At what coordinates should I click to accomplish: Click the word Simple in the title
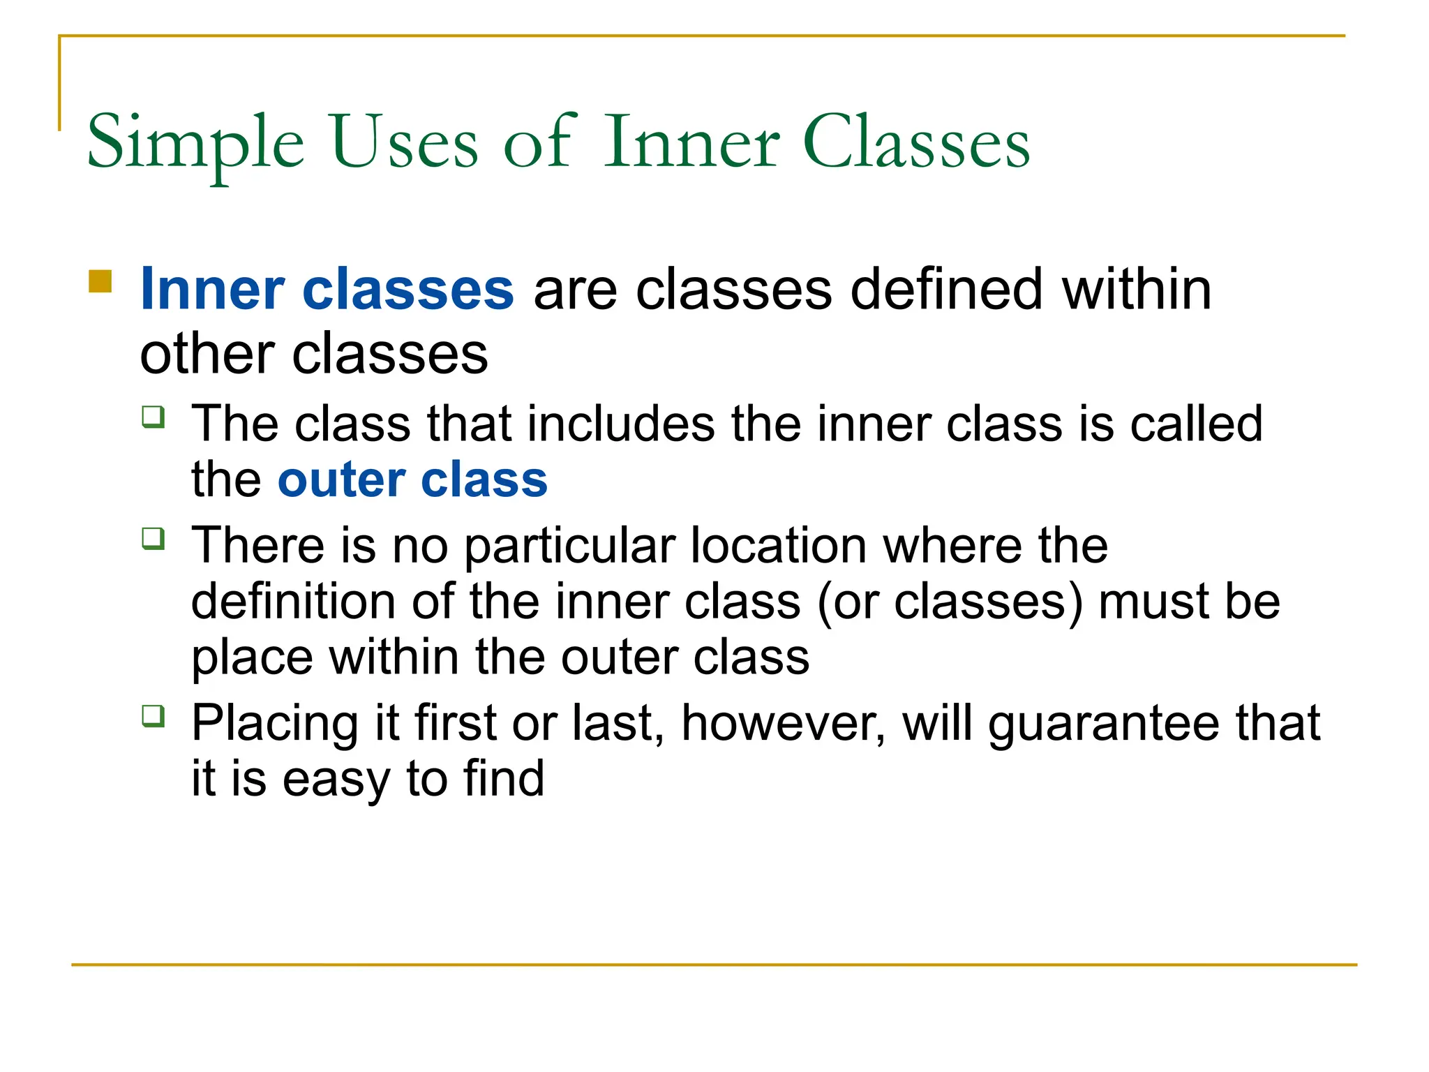pos(195,143)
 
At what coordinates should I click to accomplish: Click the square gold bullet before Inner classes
pos(100,281)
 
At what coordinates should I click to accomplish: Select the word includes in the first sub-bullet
pos(621,424)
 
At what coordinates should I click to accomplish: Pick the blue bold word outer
pos(342,480)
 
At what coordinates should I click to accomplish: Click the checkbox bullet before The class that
pos(154,417)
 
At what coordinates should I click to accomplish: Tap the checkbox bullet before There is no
pos(154,538)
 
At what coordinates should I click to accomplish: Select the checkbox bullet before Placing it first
pos(154,715)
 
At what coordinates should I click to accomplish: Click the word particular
pos(569,546)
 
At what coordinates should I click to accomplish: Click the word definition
pos(292,601)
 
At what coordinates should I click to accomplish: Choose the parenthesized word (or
pos(848,602)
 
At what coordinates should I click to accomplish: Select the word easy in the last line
pos(335,780)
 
